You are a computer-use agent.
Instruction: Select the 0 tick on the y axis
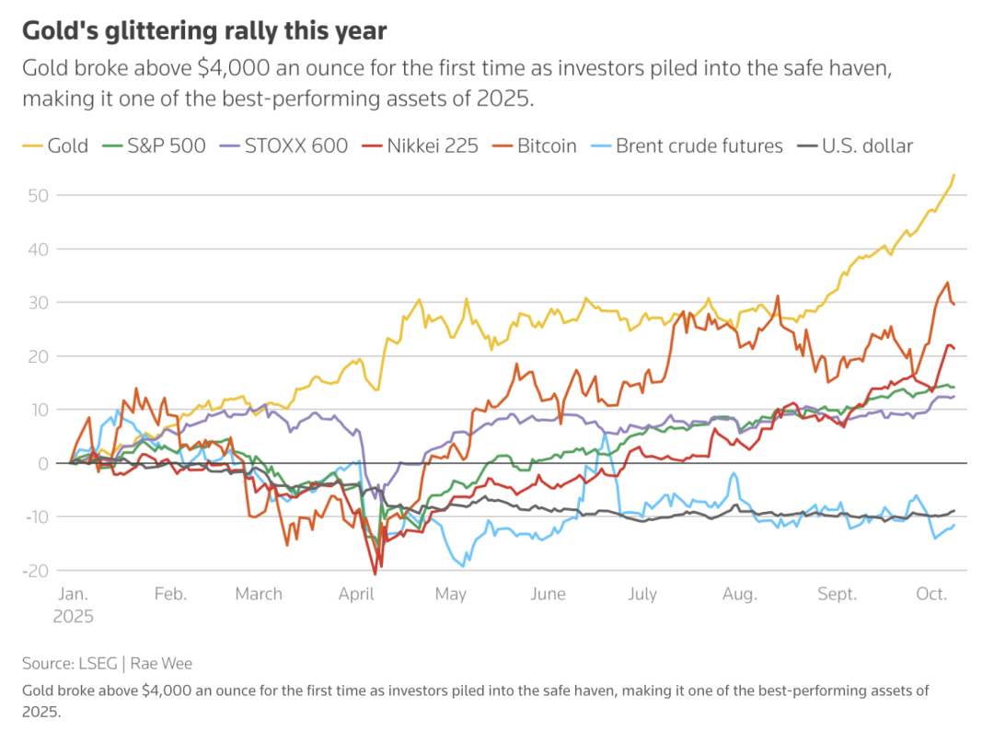point(42,463)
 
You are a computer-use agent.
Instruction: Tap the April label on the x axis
point(356,594)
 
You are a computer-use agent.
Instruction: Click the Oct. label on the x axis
point(931,594)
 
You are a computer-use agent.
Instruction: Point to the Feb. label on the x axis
point(170,594)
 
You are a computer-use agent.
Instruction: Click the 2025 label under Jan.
point(73,617)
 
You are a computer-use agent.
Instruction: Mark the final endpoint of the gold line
point(954,174)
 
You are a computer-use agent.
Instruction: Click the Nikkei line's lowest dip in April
point(375,574)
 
